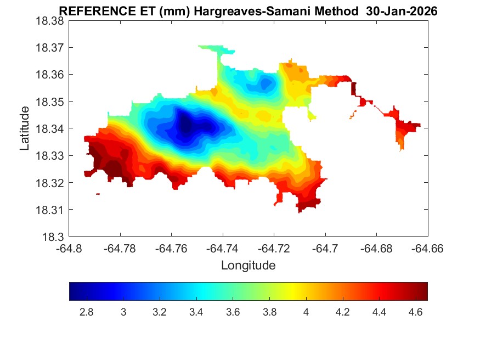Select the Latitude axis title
[x=25, y=128]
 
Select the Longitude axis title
[x=248, y=266]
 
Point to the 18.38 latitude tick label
[x=49, y=20]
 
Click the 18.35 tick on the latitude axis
[x=49, y=102]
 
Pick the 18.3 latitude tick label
[x=53, y=237]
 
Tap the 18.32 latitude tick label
[x=49, y=183]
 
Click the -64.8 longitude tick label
[x=69, y=248]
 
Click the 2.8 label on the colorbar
[x=87, y=312]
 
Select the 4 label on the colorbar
[x=306, y=312]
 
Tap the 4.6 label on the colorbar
[x=415, y=312]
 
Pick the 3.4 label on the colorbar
[x=196, y=312]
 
